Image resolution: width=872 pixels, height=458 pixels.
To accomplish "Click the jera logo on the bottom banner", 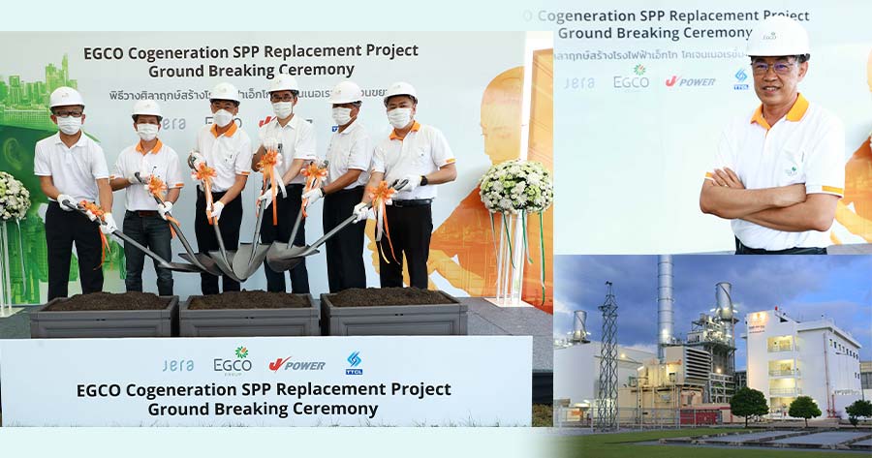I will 178,365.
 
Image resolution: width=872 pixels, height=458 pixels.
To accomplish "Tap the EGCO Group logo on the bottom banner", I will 233,361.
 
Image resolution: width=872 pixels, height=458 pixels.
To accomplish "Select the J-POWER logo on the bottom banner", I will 296,364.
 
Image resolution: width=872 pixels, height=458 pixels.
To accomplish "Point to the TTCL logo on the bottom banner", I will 355,363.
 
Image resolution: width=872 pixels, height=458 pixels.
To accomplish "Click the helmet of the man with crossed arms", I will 778,39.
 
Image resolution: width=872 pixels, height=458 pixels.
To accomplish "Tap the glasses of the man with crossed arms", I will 775,67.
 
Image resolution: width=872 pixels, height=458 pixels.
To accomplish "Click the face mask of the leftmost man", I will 68,125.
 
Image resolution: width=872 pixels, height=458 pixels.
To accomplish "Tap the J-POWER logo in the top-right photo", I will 690,81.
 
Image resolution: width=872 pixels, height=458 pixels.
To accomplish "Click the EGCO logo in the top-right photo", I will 632,78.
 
